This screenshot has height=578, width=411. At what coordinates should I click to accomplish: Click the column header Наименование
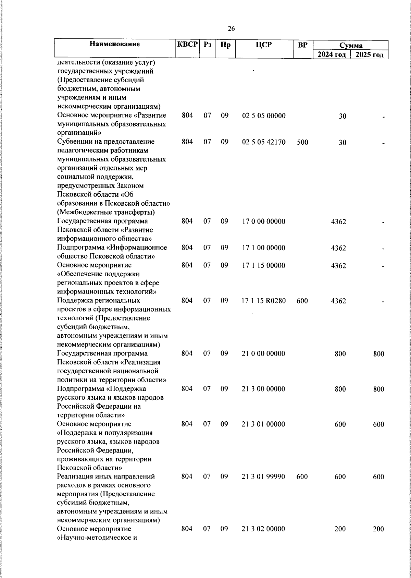point(115,44)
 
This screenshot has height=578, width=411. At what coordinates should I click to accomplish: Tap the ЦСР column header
point(263,45)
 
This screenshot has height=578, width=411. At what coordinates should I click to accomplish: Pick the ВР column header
point(302,45)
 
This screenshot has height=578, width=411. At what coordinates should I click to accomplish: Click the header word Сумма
point(351,45)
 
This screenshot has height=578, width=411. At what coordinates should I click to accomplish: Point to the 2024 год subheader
point(332,55)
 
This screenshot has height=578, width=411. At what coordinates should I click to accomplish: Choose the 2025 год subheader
point(369,55)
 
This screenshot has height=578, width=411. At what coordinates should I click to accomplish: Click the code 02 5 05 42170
point(263,142)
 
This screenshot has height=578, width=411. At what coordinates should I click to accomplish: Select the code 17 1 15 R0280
point(263,301)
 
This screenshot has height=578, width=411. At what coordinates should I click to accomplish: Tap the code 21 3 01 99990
point(263,477)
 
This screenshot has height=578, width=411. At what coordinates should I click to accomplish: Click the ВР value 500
point(302,142)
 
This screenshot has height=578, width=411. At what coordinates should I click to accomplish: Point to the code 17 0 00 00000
point(263,221)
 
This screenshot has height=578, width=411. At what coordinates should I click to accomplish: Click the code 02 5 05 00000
point(263,116)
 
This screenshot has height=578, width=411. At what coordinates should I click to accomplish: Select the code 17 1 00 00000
point(263,248)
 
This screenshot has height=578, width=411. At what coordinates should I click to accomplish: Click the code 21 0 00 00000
point(263,353)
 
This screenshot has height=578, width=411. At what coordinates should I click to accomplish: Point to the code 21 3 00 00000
point(263,389)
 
